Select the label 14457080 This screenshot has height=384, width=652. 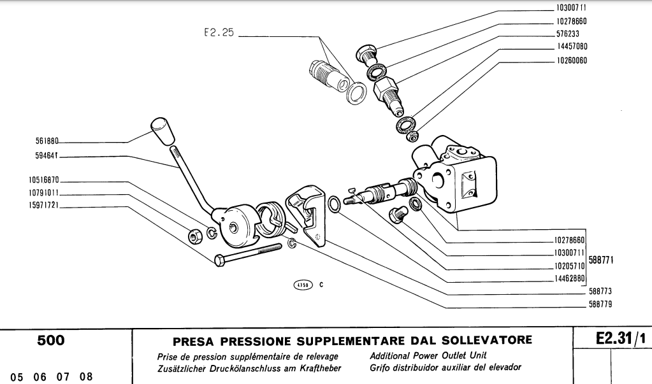click(x=571, y=46)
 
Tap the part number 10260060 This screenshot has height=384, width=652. click(x=571, y=60)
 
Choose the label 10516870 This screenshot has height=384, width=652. click(x=43, y=180)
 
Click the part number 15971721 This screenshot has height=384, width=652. click(x=43, y=206)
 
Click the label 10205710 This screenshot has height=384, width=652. click(x=569, y=265)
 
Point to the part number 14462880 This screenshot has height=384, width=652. click(x=569, y=278)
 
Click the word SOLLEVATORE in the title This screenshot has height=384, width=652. click(x=485, y=342)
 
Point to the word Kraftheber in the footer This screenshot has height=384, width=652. click(x=317, y=367)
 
